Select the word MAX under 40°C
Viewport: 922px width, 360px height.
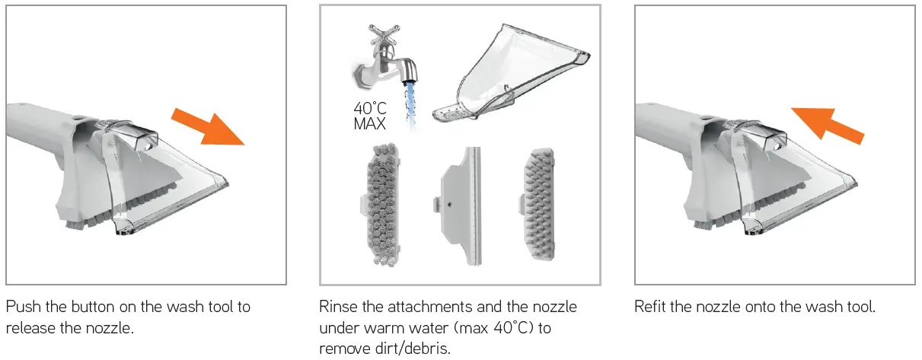(x=369, y=124)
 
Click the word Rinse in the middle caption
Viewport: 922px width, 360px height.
(x=338, y=307)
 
